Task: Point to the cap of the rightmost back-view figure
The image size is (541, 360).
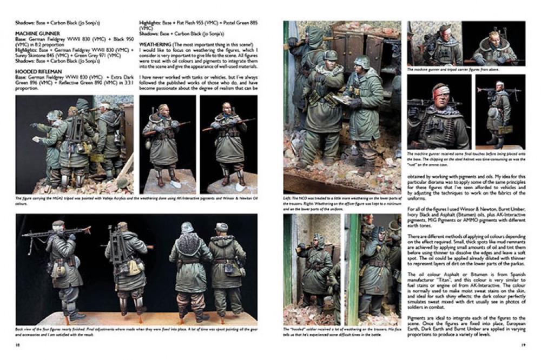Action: click(x=221, y=226)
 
